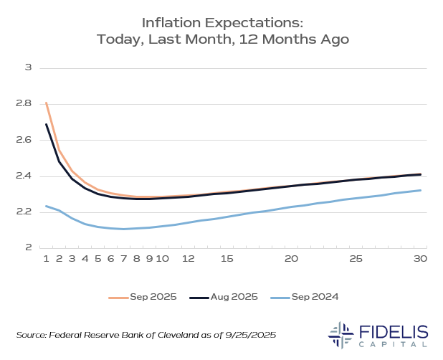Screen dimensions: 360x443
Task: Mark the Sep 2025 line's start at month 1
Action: pyautogui.click(x=47, y=103)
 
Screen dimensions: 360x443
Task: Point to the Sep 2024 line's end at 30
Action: pyautogui.click(x=421, y=190)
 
